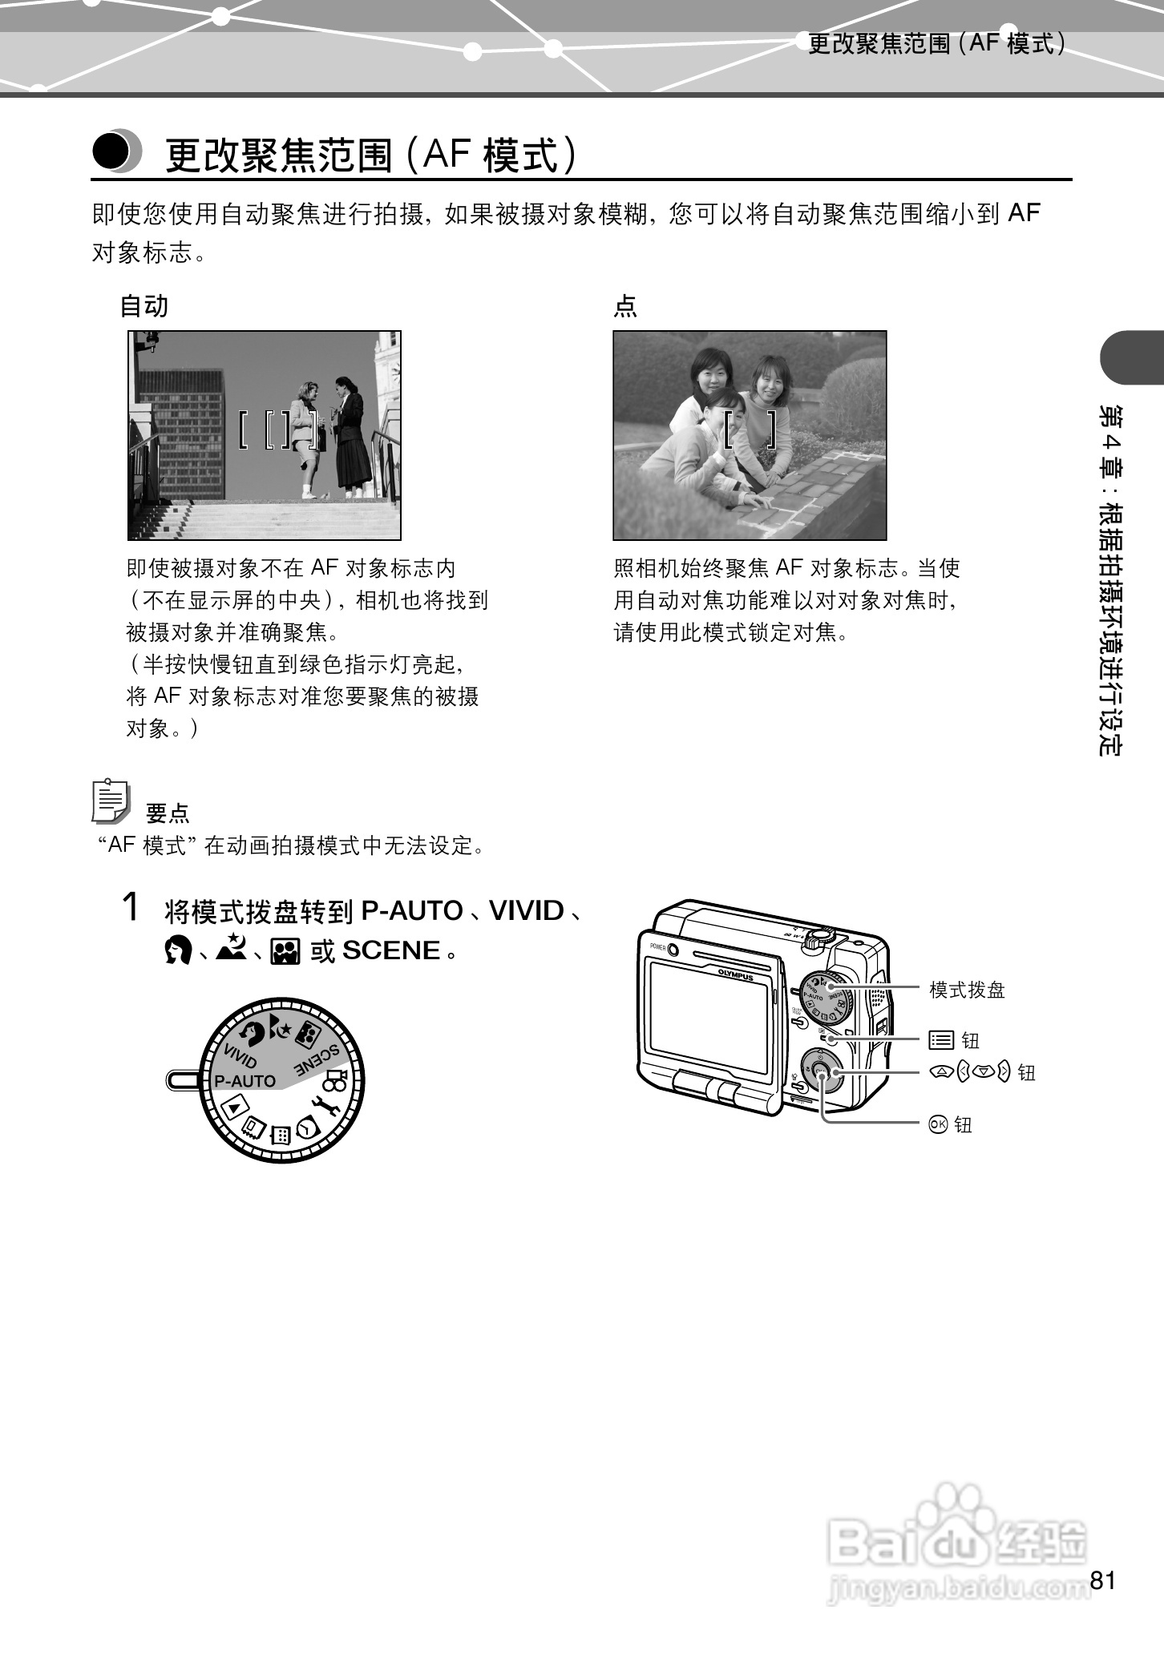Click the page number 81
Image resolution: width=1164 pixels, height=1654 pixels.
coord(1102,1580)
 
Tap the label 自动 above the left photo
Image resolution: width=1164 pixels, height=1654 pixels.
coord(143,306)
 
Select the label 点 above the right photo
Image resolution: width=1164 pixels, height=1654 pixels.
coord(624,306)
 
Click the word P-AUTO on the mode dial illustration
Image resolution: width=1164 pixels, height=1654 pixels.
coord(245,1081)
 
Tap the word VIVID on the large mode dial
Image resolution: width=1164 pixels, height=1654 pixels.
coord(240,1057)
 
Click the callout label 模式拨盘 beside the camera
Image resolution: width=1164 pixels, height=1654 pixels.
coord(967,990)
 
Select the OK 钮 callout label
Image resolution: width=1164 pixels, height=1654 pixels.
coord(950,1125)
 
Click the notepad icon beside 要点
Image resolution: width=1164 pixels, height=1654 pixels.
coord(110,801)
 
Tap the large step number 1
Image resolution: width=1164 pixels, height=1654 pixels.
coord(131,908)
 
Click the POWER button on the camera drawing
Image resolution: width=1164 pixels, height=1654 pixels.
coord(673,950)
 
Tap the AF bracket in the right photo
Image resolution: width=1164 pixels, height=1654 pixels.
coord(750,429)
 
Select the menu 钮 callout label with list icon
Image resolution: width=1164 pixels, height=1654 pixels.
coord(954,1041)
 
